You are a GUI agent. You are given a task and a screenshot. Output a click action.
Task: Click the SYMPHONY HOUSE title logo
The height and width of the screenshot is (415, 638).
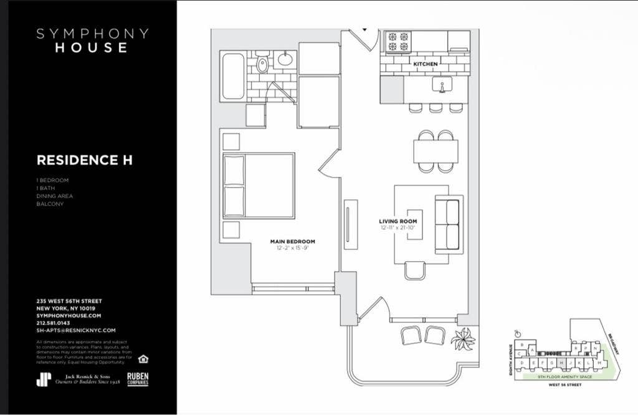92,41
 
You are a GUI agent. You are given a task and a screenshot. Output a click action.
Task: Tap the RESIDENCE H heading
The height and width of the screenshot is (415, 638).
84,160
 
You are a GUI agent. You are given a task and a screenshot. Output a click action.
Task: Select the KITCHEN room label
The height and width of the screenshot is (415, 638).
426,64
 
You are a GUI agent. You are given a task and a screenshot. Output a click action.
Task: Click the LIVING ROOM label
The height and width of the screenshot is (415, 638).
398,222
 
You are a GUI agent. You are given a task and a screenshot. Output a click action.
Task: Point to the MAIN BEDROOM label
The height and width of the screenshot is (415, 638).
292,241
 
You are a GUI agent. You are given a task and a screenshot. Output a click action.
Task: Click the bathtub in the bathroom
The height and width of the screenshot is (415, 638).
233,77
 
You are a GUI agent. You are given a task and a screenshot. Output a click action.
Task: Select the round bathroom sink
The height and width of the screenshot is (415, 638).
285,59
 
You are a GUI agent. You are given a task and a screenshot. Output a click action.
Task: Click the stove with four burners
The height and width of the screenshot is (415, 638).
398,41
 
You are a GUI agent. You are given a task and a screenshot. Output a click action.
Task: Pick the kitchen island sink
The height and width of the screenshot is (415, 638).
442,85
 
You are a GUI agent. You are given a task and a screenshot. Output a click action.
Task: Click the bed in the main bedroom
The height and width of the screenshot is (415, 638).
258,185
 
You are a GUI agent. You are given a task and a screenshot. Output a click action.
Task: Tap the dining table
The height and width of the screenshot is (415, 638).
436,151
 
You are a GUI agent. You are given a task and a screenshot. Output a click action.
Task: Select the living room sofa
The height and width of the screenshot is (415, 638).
447,225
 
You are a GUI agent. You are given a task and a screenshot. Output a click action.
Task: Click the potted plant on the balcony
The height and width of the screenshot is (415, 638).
463,339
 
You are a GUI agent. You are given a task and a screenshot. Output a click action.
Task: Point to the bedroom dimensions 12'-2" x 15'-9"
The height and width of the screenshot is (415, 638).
292,249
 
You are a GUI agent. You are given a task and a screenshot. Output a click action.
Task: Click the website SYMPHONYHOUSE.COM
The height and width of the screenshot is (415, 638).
69,316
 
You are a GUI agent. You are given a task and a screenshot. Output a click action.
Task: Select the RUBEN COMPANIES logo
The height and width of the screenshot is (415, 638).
138,379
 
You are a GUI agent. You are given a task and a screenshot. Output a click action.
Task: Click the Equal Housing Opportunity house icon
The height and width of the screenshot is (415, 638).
143,358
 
